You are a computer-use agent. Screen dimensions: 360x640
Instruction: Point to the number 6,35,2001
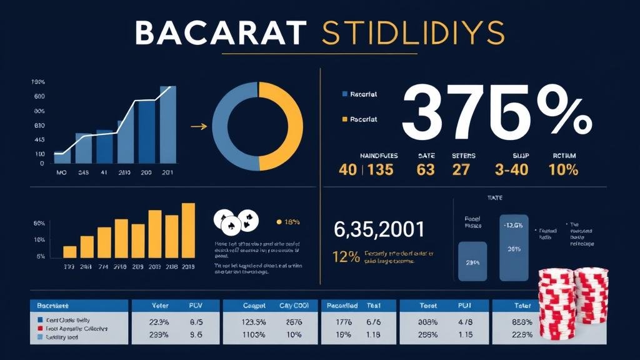pos(379,229)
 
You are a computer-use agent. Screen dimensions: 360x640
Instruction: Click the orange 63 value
pos(425,169)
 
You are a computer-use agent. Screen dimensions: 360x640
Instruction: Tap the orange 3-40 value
pos(512,169)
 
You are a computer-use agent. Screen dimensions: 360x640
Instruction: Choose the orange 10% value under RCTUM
pos(563,169)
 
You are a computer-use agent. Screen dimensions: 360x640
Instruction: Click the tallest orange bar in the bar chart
pos(188,230)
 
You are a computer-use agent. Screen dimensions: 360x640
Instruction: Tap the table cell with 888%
pos(522,322)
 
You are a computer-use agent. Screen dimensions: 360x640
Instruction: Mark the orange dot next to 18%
pos(278,221)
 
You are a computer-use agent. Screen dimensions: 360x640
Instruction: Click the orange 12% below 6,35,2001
pos(346,256)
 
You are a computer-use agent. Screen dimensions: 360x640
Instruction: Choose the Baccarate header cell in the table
pos(52,306)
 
